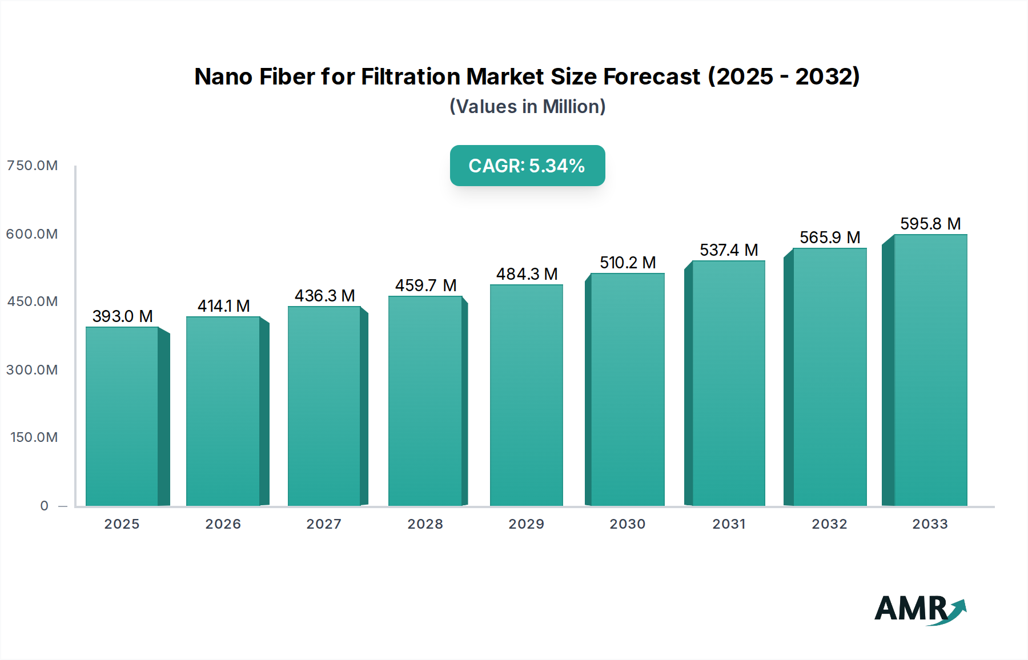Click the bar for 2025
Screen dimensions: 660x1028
tap(122, 416)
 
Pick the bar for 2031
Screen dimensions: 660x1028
tap(728, 383)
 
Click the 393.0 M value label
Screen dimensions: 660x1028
tap(122, 316)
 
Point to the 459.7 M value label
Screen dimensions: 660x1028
tap(425, 285)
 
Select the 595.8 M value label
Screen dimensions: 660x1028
tap(930, 224)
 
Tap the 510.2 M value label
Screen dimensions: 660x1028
tap(628, 263)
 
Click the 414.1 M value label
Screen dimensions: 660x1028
tap(223, 306)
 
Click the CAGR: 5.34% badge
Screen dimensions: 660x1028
tap(527, 166)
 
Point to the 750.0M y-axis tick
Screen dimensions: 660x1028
tap(33, 166)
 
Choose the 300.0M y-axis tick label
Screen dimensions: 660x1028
tap(33, 370)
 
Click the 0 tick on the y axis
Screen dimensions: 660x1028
tap(45, 506)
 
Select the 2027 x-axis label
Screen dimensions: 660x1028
tap(324, 524)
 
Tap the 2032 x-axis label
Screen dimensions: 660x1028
tap(829, 524)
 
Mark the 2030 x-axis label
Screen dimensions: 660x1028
tap(627, 524)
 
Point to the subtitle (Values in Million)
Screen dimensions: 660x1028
tap(527, 107)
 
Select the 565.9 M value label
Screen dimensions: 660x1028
tap(830, 238)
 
